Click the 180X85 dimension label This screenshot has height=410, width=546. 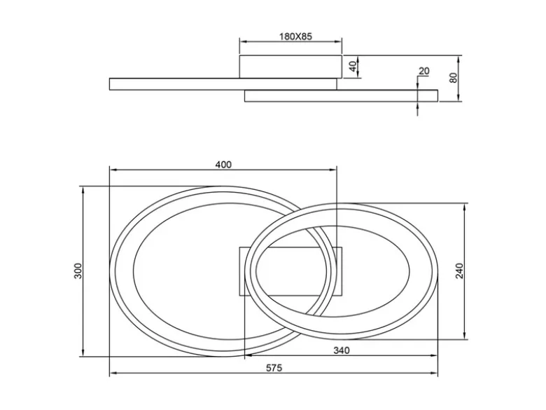pos(295,36)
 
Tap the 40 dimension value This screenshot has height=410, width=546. pos(353,67)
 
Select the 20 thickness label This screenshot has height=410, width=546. pos(423,71)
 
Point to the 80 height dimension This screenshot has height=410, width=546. pos(453,78)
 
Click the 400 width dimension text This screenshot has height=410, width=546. pos(223,165)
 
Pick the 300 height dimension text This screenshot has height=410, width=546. pos(78,271)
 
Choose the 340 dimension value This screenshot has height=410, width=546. pos(342,350)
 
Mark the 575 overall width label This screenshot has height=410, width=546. pos(274,368)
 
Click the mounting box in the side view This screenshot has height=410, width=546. pos(290,67)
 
